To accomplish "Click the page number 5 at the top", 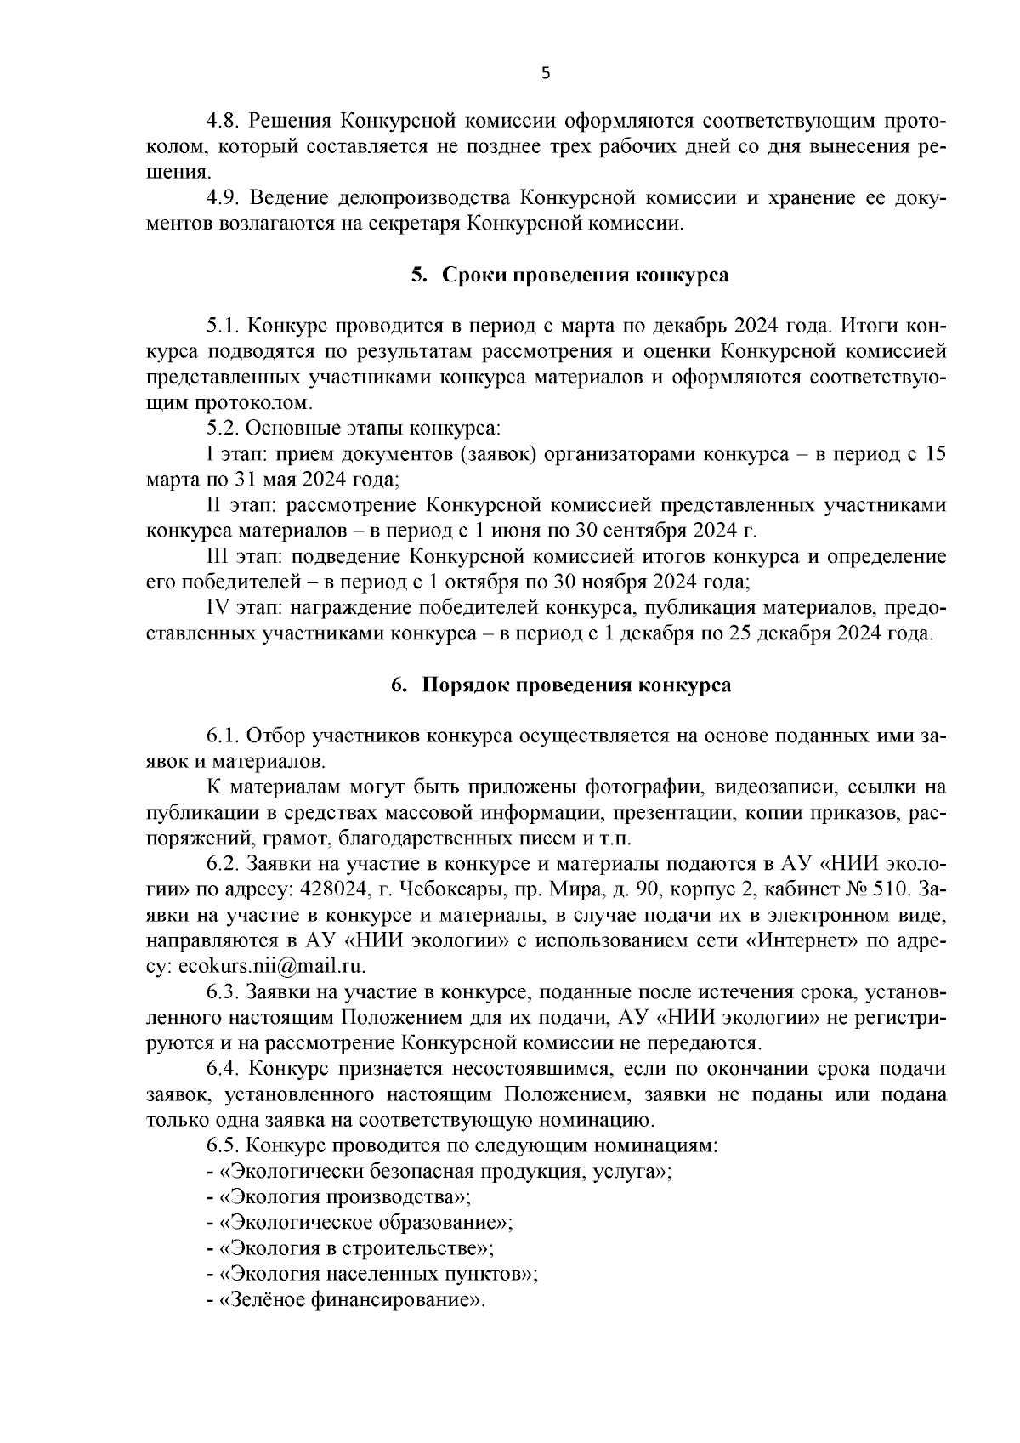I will pyautogui.click(x=546, y=74).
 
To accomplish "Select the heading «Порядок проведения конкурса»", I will pyautogui.click(x=575, y=685).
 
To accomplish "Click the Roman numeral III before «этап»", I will pyautogui.click(x=219, y=558).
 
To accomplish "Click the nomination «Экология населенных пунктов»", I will pyautogui.click(x=377, y=1275).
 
